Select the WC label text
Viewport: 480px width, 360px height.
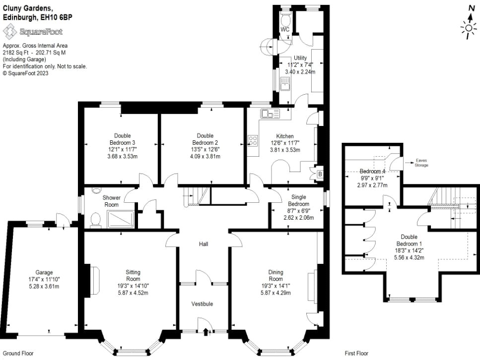[x=285, y=30]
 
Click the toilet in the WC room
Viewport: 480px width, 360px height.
[x=285, y=19]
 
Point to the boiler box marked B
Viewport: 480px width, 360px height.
[x=320, y=174]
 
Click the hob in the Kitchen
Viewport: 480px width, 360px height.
[x=253, y=141]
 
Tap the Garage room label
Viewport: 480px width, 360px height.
[x=44, y=272]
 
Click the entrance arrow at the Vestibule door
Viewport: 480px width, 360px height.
[x=206, y=333]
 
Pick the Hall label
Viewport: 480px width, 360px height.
[x=204, y=244]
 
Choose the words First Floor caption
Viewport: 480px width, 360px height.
[x=356, y=354]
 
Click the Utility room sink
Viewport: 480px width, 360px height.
[x=285, y=84]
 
